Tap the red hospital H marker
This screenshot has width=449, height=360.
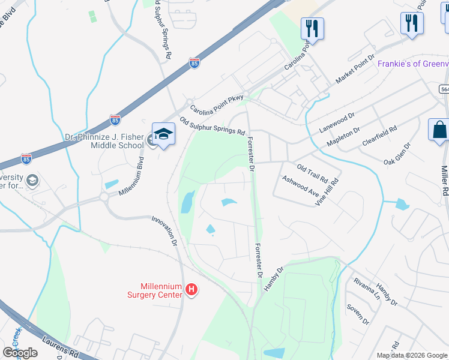[x=191, y=290]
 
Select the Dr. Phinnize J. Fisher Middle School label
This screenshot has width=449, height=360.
[x=105, y=141]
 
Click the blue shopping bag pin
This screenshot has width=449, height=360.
[x=439, y=130]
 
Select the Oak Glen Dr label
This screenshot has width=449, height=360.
[x=397, y=154]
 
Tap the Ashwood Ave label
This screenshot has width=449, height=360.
[x=300, y=187]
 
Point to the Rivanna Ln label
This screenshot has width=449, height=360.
[x=367, y=288]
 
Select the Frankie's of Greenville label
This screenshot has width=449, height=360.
[x=413, y=64]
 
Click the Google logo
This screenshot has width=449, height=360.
[x=20, y=353]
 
